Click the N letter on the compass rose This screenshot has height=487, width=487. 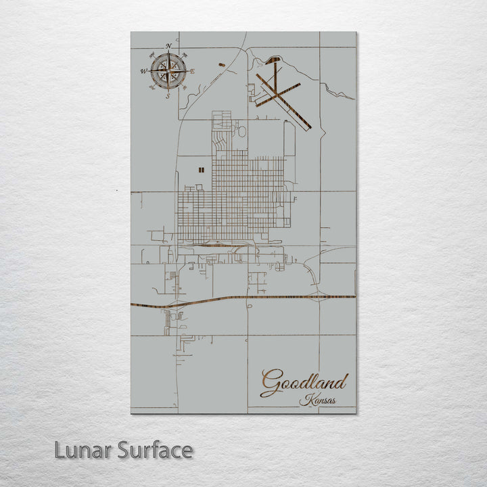168,47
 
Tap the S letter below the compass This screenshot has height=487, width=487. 168,96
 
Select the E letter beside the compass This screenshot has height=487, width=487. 193,71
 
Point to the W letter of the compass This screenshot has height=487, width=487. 143,71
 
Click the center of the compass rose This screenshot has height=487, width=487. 168,70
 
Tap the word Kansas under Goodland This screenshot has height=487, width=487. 317,400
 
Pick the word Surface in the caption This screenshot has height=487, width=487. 155,450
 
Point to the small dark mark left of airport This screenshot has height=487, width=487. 222,65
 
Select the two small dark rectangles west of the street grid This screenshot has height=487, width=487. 200,170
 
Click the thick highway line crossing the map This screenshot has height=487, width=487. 271,297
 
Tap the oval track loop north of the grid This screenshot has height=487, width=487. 241,131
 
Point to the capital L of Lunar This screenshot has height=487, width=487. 60,450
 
